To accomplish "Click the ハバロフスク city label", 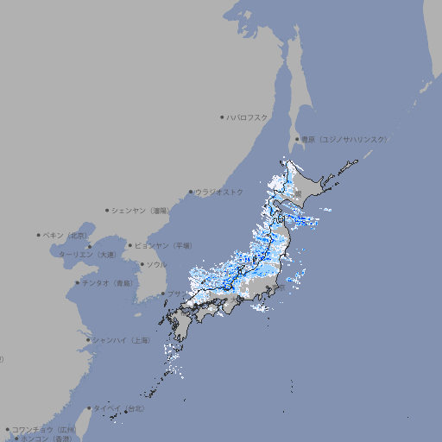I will pyautogui.click(x=248, y=117).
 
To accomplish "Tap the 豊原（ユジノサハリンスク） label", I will pyautogui.click(x=344, y=139).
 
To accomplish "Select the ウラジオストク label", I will pyautogui.click(x=219, y=192).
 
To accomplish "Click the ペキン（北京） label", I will pyautogui.click(x=66, y=235).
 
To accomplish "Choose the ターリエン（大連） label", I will pyautogui.click(x=86, y=255).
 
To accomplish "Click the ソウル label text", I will pyautogui.click(x=156, y=264).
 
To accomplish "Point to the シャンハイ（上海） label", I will pyautogui.click(x=121, y=340).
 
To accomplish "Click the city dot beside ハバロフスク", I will pyautogui.click(x=222, y=117).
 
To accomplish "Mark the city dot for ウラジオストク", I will pyautogui.click(x=191, y=193).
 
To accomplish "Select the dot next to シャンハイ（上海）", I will pyautogui.click(x=88, y=340).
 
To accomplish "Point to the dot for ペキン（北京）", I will pyautogui.click(x=39, y=235).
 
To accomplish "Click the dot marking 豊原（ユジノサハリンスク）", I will pyautogui.click(x=297, y=139).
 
